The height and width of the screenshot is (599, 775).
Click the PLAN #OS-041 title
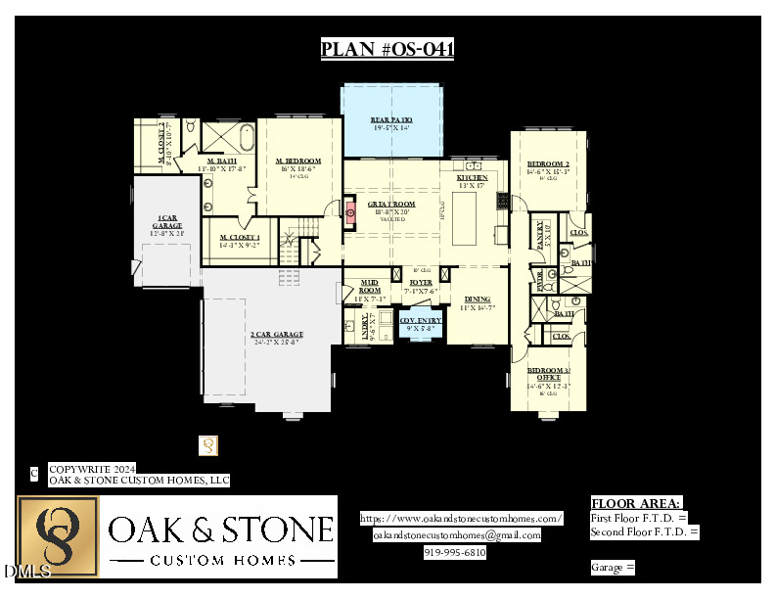click(x=387, y=50)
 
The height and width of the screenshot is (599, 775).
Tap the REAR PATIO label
click(x=390, y=119)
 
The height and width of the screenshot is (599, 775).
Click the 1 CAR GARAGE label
click(x=168, y=222)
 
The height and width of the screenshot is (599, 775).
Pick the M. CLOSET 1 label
click(x=240, y=237)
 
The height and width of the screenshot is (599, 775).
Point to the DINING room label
click(x=478, y=299)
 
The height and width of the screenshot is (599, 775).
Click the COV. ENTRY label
click(x=421, y=320)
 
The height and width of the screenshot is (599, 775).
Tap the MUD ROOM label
click(x=370, y=286)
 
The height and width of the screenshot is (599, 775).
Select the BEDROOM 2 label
click(x=548, y=164)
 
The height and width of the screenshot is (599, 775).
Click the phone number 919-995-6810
click(x=454, y=552)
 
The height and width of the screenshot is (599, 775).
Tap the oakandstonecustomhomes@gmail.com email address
click(x=457, y=535)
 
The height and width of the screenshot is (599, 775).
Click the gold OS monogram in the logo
click(x=58, y=536)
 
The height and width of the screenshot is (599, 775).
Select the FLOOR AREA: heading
click(x=636, y=502)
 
